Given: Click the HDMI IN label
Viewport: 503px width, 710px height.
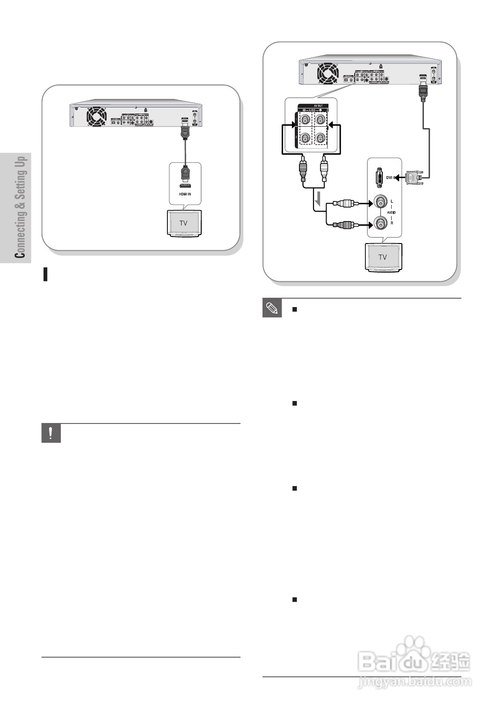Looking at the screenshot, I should pos(184,194).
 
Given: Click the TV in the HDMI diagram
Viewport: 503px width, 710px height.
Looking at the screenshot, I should pos(183,223).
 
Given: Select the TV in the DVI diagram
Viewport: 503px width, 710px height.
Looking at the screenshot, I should pos(382,257).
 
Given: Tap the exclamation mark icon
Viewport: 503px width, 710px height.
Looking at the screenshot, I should pos(51,433).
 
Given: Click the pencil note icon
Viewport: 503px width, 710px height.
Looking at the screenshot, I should pos(272,308).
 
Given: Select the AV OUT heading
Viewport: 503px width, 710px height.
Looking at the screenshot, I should pos(311,106).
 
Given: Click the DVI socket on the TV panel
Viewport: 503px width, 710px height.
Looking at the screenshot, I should pos(378,178).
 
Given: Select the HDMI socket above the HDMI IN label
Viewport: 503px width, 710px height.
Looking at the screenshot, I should pos(185,186).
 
